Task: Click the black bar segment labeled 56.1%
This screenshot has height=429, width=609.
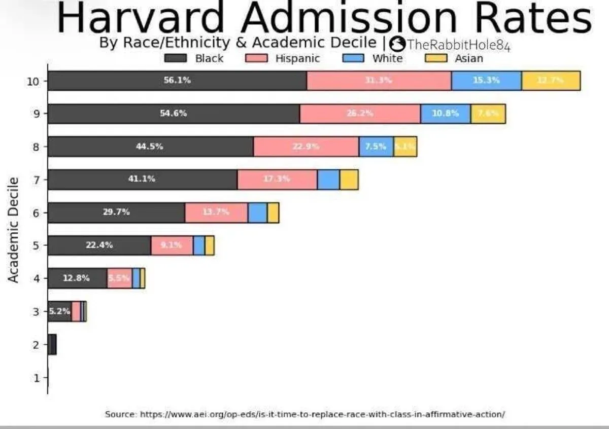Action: pos(177,81)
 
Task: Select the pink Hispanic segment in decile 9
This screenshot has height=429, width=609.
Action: pos(360,114)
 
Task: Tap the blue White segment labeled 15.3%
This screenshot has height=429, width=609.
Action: pos(486,81)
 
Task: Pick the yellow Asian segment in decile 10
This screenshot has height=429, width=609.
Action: pos(551,81)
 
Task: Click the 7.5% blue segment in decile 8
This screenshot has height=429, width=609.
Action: pos(376,147)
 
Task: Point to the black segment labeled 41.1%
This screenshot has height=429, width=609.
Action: pos(142,180)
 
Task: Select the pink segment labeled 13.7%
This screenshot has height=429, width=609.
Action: pos(216,212)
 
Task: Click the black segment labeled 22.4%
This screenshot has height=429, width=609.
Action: pos(99,245)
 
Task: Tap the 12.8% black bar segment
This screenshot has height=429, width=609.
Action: pos(77,278)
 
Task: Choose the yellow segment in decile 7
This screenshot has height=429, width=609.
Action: pos(349,180)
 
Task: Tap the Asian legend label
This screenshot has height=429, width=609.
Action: pos(468,58)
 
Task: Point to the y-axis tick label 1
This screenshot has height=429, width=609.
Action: pos(36,378)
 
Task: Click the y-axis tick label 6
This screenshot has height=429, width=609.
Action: pos(36,212)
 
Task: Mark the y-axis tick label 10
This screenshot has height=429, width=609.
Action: pos(33,81)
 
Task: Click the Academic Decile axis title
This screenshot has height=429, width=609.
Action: pos(14,230)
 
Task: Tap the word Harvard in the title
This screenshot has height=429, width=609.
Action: pos(143,18)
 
